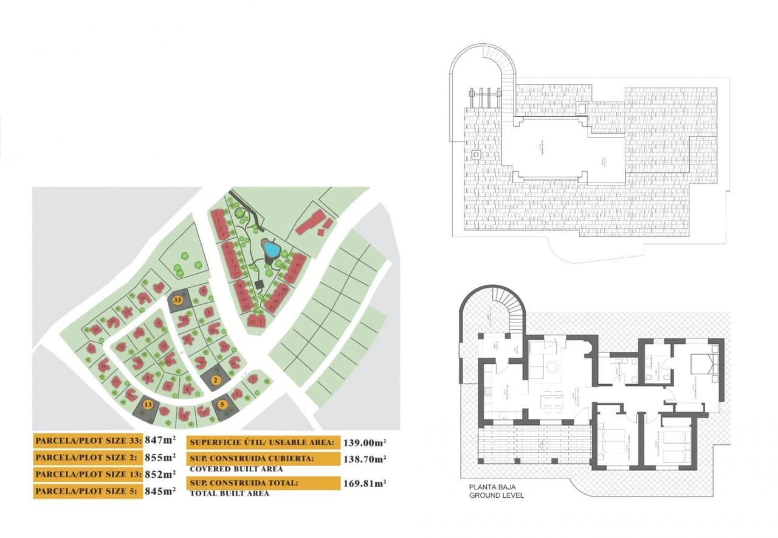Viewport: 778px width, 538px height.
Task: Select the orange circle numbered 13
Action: click(x=148, y=404)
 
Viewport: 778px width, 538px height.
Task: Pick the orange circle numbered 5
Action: click(x=222, y=404)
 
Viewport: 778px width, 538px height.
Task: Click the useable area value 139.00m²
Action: click(x=365, y=442)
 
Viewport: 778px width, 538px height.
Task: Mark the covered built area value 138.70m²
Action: click(x=365, y=459)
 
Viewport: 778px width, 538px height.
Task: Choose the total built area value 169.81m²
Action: click(x=365, y=484)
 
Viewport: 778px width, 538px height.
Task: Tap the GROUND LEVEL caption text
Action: click(x=496, y=495)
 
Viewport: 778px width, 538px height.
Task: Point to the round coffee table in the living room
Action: click(x=553, y=368)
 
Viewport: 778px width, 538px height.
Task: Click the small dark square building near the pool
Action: click(x=260, y=284)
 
